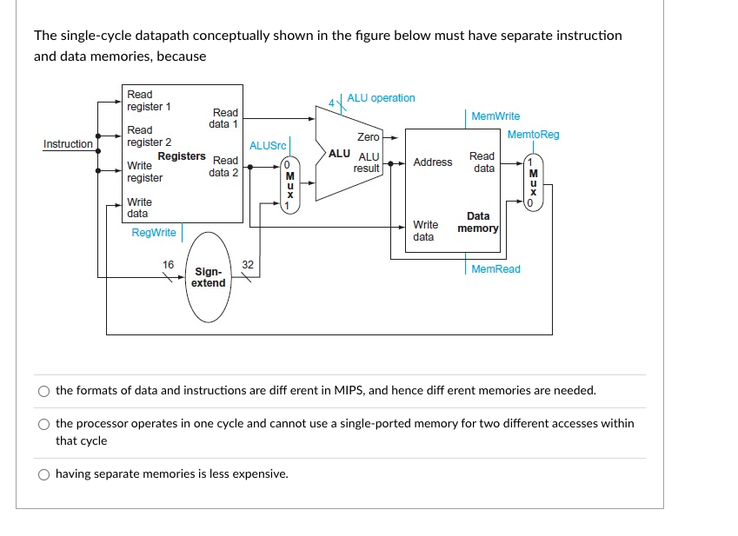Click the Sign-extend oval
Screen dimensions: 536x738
click(209, 277)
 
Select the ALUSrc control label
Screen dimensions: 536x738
click(268, 146)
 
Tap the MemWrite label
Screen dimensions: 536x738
click(495, 116)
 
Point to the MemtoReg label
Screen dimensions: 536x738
click(533, 135)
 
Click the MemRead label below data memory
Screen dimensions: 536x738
click(495, 269)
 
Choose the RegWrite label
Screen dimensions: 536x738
click(154, 233)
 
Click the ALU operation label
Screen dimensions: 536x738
click(381, 98)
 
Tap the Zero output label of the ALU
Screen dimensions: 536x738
click(369, 137)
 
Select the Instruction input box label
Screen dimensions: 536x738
click(69, 144)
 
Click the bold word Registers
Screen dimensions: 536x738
click(181, 156)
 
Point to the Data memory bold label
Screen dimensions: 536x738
click(479, 222)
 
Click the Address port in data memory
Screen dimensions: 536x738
click(433, 162)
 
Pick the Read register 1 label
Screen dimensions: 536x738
click(149, 101)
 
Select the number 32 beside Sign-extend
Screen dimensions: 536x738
click(248, 264)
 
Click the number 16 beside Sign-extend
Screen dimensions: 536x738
click(169, 264)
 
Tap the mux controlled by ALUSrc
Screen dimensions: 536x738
click(289, 183)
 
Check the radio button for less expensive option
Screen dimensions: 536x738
click(44, 474)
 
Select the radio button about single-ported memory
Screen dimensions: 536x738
click(44, 424)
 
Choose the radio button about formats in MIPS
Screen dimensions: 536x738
click(44, 391)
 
